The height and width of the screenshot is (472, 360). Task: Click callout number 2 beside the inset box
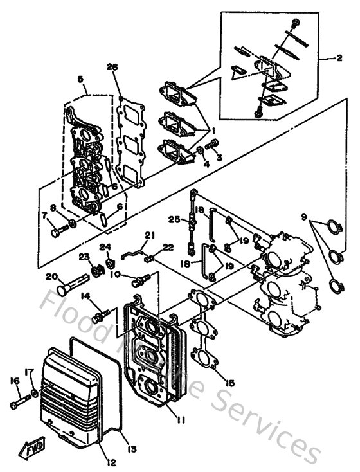point(338,57)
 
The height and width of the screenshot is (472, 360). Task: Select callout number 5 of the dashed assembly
point(80,79)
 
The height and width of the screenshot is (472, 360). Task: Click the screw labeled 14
point(99,316)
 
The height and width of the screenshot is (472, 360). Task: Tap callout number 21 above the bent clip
point(149,235)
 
